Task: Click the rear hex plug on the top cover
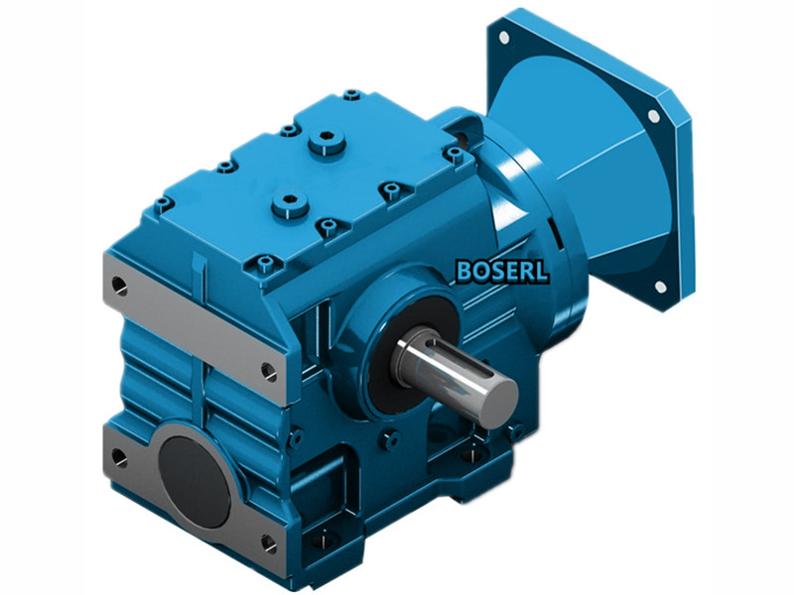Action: [327, 144]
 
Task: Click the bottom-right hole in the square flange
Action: [659, 287]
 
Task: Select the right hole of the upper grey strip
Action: [267, 371]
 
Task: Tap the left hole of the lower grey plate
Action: [119, 457]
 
